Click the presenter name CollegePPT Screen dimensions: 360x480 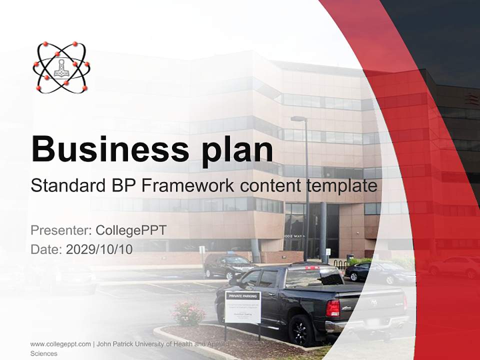click(x=130, y=230)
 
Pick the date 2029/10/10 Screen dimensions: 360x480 click(x=99, y=249)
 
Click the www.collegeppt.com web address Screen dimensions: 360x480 click(x=60, y=344)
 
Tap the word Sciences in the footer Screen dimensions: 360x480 click(x=44, y=353)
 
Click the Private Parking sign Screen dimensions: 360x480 click(x=242, y=306)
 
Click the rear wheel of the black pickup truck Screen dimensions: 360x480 click(x=301, y=330)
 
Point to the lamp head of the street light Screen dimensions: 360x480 click(x=298, y=119)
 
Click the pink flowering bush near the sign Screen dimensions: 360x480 click(x=188, y=312)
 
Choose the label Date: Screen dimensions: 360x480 click(x=46, y=249)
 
